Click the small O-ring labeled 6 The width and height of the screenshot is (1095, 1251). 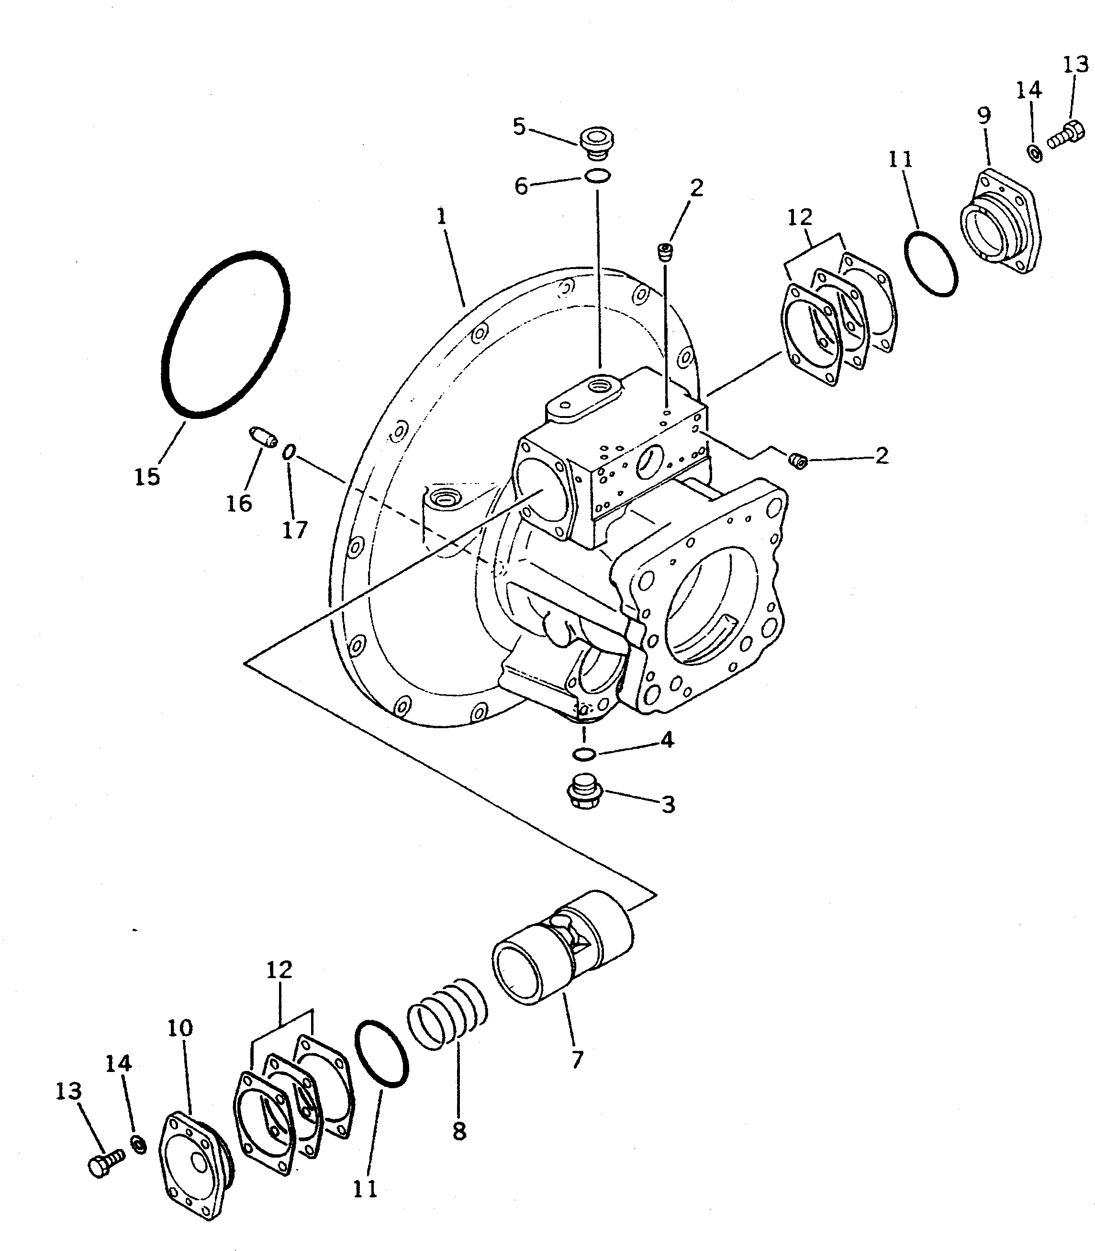(597, 177)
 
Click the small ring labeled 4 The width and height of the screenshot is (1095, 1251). (584, 755)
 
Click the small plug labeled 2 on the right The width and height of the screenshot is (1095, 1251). (797, 461)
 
